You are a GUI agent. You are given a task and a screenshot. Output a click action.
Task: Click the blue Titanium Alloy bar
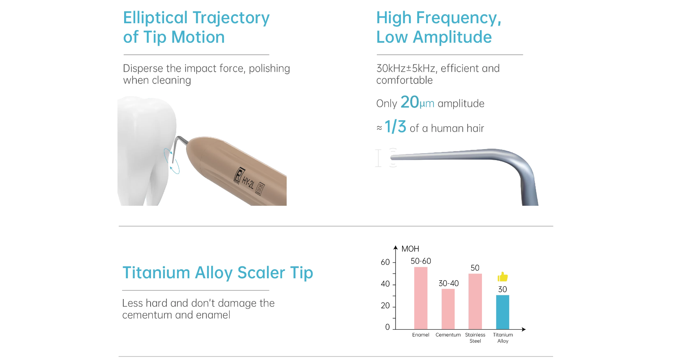(502, 312)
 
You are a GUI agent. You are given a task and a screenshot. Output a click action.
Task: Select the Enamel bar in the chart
(420, 298)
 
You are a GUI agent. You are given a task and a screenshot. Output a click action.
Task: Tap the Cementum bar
(448, 309)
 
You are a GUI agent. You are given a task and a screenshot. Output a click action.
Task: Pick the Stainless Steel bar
(475, 301)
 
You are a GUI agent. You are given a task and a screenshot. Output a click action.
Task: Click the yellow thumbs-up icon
(502, 277)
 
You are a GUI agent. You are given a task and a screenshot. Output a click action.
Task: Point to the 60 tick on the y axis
(385, 262)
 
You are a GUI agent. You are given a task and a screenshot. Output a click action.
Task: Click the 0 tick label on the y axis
(387, 327)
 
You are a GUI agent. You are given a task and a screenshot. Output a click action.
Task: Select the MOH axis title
(410, 249)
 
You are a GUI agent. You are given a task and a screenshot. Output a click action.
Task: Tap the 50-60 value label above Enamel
(421, 261)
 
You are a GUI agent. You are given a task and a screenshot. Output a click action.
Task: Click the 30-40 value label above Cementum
(449, 283)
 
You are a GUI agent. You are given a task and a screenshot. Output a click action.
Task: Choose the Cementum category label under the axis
(448, 335)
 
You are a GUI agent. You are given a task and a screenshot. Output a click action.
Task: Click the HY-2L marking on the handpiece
(248, 183)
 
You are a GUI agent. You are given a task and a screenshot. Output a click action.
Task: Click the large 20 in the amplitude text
(409, 102)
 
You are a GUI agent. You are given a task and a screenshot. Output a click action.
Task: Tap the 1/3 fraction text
(395, 127)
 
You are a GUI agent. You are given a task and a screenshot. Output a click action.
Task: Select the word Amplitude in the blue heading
(453, 37)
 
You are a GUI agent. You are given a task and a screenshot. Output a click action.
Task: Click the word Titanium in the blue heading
(156, 273)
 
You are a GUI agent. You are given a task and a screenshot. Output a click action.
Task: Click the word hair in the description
(474, 128)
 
